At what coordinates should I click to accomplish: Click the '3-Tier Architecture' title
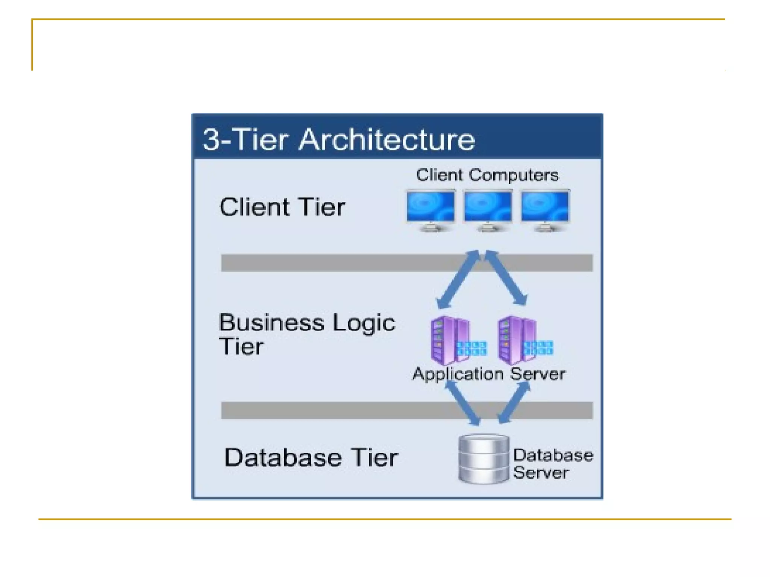[x=338, y=140]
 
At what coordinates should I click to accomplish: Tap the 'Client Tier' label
[x=282, y=207]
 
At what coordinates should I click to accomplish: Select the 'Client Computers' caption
[x=487, y=175]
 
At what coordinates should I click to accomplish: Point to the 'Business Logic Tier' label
[x=306, y=334]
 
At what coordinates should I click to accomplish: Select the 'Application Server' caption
[x=489, y=374]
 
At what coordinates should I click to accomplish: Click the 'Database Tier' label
[x=311, y=458]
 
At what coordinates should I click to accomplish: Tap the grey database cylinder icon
[x=484, y=459]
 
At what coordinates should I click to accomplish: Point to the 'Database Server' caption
[x=553, y=464]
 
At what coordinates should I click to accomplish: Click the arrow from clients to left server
[x=458, y=280]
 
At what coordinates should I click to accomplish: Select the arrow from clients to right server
[x=506, y=278]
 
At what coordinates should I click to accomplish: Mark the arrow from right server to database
[x=514, y=403]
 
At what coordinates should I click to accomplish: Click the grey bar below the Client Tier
[x=338, y=263]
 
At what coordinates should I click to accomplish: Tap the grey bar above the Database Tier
[x=338, y=410]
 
